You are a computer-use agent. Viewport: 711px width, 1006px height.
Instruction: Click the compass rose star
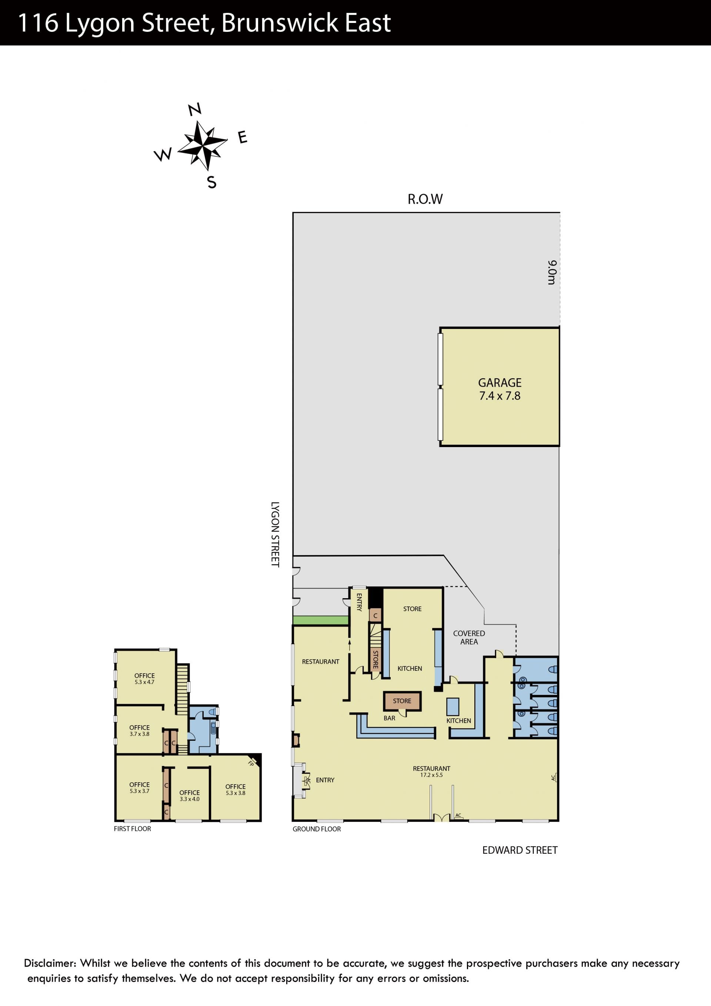click(x=203, y=146)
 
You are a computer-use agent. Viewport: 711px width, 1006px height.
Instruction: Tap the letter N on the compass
click(x=195, y=109)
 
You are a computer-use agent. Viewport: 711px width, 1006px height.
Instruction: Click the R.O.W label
click(x=425, y=199)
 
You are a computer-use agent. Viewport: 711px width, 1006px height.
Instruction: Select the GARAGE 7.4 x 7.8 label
click(x=500, y=389)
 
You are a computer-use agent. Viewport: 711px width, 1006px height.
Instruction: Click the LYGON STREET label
click(x=275, y=534)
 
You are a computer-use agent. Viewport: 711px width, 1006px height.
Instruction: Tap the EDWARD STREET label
click(x=520, y=850)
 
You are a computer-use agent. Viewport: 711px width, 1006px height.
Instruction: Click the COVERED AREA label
click(x=469, y=637)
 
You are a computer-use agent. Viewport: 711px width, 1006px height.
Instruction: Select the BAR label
click(x=390, y=718)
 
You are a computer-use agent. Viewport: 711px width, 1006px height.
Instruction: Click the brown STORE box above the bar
click(x=402, y=701)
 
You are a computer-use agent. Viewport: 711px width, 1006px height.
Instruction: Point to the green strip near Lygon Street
click(x=321, y=620)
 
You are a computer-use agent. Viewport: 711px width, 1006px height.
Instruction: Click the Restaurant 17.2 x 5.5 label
click(x=431, y=772)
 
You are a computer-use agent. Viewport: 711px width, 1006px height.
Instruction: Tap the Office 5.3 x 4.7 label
click(x=144, y=679)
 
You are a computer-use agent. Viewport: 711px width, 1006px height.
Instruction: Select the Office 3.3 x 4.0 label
click(x=189, y=796)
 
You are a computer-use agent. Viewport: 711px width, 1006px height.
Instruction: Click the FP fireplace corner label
click(x=251, y=764)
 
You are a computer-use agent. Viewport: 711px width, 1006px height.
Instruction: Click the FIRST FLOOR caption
click(x=132, y=829)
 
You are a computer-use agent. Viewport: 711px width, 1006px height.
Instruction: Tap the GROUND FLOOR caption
click(x=317, y=829)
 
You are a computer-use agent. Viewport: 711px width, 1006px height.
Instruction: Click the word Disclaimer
click(x=50, y=963)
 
